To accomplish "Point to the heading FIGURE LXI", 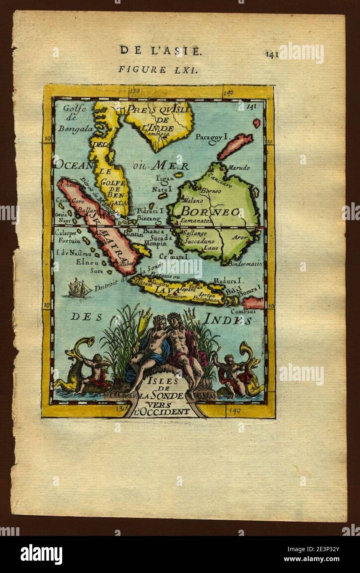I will tap(158, 69).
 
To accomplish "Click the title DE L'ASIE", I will tap(161, 51).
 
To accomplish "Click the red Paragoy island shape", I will tap(236, 146).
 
